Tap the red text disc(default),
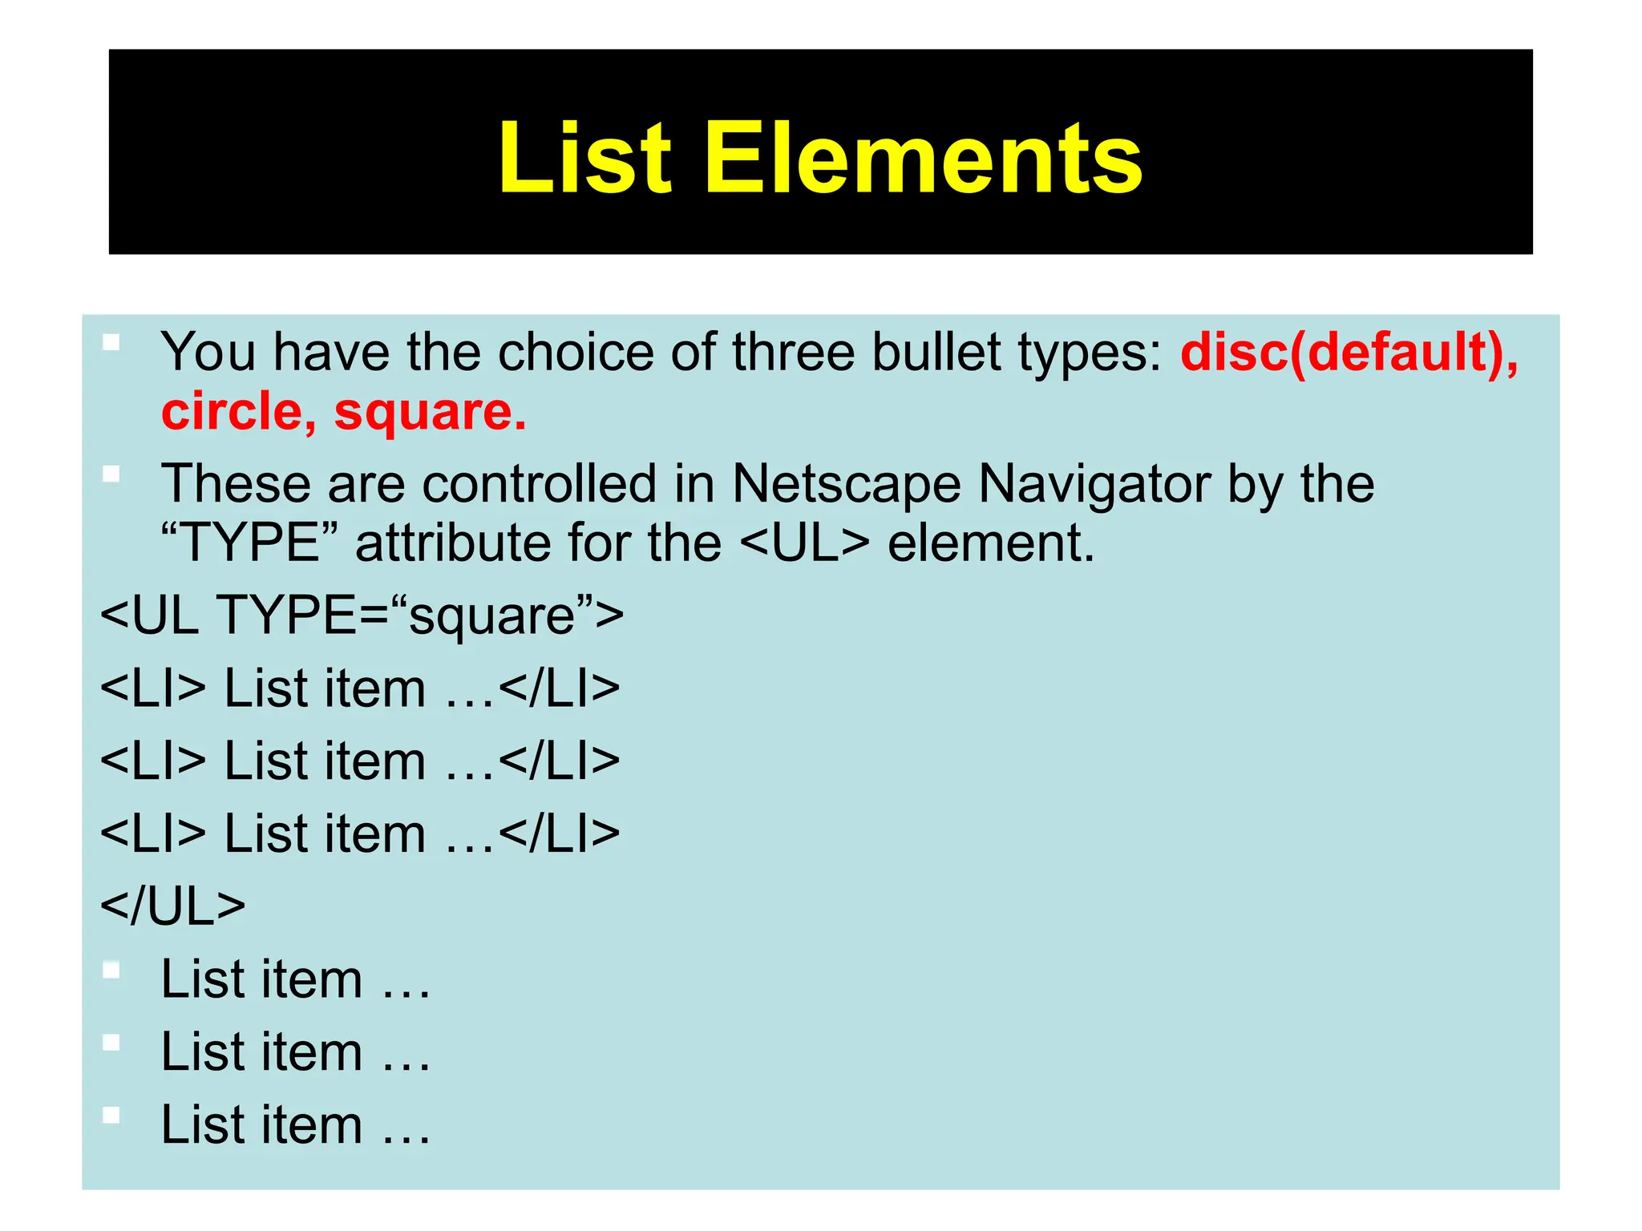(1349, 352)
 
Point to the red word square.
(430, 412)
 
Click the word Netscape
(846, 483)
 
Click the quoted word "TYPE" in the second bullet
(249, 543)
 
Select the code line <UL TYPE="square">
(362, 615)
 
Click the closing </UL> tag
(173, 906)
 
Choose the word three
(794, 352)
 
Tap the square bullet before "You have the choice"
(111, 343)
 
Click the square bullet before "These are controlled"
(111, 474)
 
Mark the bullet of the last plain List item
(111, 1115)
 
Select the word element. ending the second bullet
(991, 543)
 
